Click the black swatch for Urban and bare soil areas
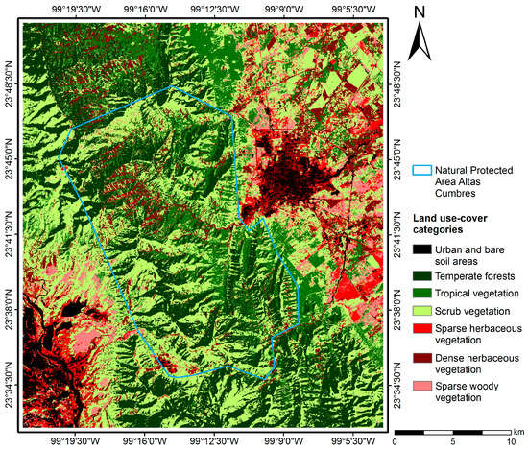(x=420, y=249)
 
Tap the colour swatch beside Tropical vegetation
(x=420, y=293)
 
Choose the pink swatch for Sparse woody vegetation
(x=420, y=391)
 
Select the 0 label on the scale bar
(x=396, y=442)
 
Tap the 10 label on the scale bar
(x=510, y=442)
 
